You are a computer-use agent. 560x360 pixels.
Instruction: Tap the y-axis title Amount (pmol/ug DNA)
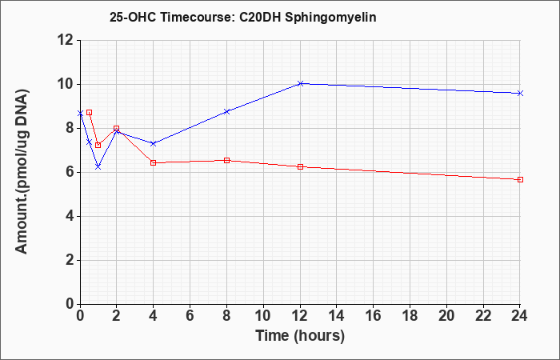coord(22,172)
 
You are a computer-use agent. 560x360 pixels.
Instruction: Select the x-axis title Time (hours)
coord(300,336)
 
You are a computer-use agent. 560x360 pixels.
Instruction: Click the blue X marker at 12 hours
coord(300,83)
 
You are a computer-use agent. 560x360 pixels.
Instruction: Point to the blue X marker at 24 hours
coord(520,94)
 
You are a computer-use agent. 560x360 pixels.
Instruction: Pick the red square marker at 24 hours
coord(520,180)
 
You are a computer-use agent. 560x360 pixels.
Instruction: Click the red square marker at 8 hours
coord(226,160)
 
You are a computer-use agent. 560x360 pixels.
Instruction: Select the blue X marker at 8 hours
coord(226,111)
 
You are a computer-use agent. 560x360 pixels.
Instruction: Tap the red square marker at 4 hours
coord(154,163)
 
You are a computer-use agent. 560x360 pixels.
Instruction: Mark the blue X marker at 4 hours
coord(154,143)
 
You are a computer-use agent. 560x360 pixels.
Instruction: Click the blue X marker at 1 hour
coord(98,166)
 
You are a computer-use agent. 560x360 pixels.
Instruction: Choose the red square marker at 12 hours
coord(300,166)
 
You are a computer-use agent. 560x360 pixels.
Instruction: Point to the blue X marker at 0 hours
coord(80,114)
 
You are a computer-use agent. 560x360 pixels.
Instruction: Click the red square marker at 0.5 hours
coord(90,113)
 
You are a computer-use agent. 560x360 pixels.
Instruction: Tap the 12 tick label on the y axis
coord(66,40)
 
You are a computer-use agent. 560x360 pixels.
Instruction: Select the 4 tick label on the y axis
coord(70,217)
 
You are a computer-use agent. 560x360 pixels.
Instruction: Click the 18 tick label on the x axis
coord(410,316)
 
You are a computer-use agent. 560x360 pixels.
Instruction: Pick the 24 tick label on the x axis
coord(519,316)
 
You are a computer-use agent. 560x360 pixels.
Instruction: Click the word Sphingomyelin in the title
coord(330,18)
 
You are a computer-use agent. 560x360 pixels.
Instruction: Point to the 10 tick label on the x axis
coord(263,316)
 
